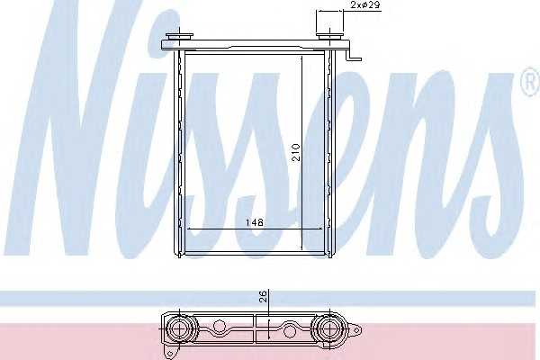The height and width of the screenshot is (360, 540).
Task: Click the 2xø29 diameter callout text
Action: tap(365, 5)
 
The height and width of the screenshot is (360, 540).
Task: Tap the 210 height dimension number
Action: tap(296, 153)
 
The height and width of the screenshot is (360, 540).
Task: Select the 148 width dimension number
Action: tap(255, 222)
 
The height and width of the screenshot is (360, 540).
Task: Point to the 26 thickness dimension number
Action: tap(263, 296)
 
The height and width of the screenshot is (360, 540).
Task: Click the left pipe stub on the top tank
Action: tap(179, 37)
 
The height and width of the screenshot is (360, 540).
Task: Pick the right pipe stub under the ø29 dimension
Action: tap(329, 37)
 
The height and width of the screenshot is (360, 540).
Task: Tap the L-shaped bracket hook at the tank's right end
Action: tap(355, 55)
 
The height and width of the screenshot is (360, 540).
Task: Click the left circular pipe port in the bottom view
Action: tap(180, 329)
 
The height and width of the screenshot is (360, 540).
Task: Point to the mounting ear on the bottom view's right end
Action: tap(355, 330)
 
